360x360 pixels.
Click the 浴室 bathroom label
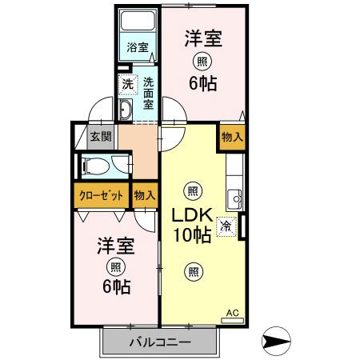[137, 47]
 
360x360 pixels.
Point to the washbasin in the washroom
[126, 109]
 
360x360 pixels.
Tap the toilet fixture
[97, 166]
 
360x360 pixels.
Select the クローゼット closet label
[101, 194]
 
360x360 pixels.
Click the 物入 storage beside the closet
[145, 194]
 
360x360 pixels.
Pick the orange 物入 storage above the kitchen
[230, 137]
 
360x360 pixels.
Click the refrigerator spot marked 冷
[227, 226]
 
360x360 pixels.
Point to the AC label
[232, 313]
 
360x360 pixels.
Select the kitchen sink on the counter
[234, 198]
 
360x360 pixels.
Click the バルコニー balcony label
[160, 342]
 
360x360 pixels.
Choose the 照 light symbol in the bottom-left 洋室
[117, 266]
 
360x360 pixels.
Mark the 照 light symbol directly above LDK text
[192, 190]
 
